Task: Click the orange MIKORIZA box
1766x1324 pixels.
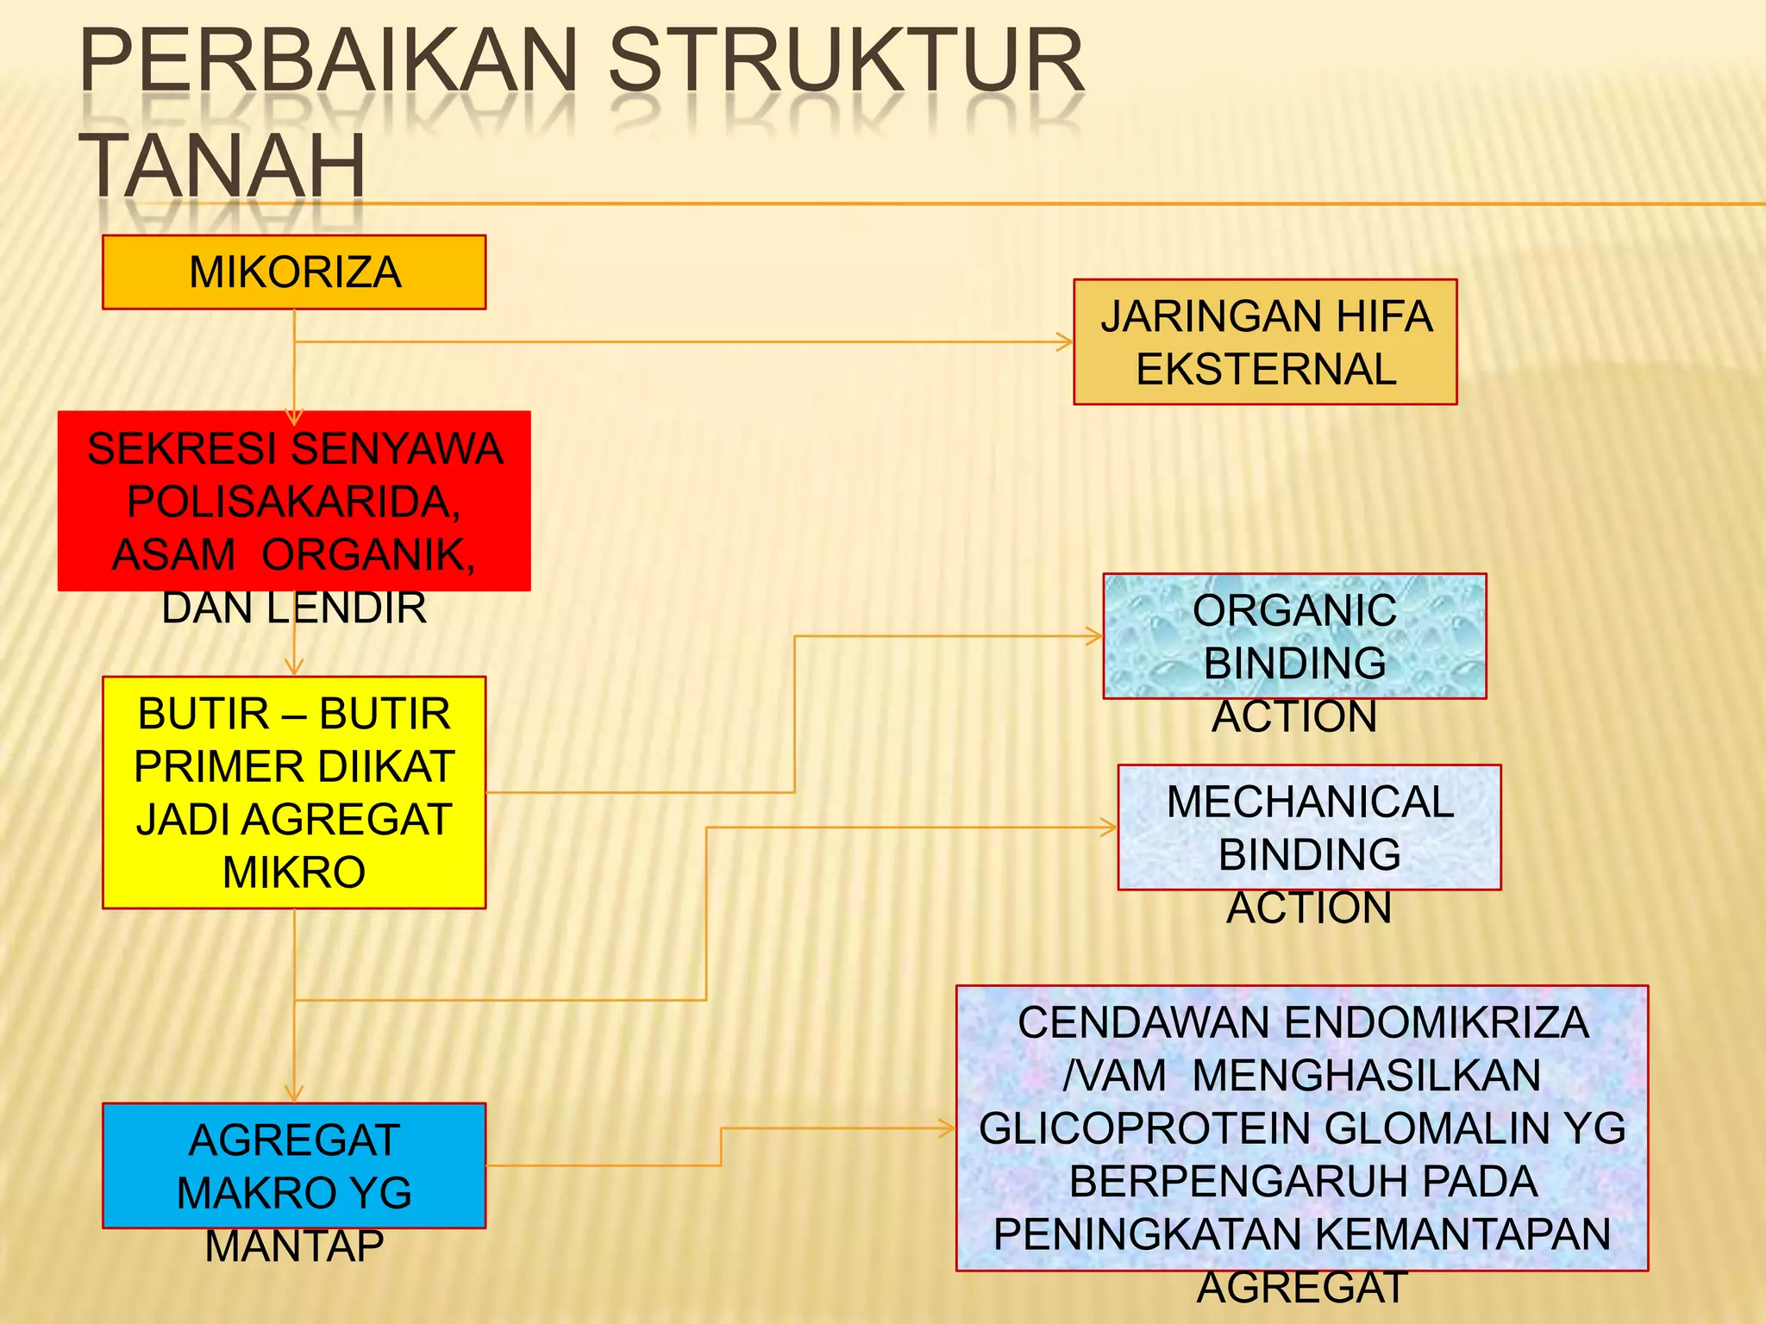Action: click(294, 272)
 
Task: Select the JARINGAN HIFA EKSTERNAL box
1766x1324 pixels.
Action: click(1265, 342)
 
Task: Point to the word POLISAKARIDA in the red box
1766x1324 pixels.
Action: click(294, 502)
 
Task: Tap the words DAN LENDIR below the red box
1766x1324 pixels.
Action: click(294, 608)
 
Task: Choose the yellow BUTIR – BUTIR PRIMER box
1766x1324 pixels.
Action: click(294, 792)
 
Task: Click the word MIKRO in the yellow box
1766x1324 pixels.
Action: click(294, 872)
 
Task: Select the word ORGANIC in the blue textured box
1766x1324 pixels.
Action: click(1294, 611)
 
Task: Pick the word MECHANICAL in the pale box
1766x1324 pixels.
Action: click(1310, 802)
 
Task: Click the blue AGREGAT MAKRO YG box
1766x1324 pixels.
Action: click(294, 1165)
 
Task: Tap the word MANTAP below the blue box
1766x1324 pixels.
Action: click(294, 1246)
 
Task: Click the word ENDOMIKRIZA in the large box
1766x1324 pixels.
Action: click(1437, 1023)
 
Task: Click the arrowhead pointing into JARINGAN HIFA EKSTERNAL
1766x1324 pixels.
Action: click(1067, 342)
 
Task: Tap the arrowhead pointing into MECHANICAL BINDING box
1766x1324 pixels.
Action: click(1111, 827)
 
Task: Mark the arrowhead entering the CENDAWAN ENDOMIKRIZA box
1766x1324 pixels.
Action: click(949, 1127)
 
